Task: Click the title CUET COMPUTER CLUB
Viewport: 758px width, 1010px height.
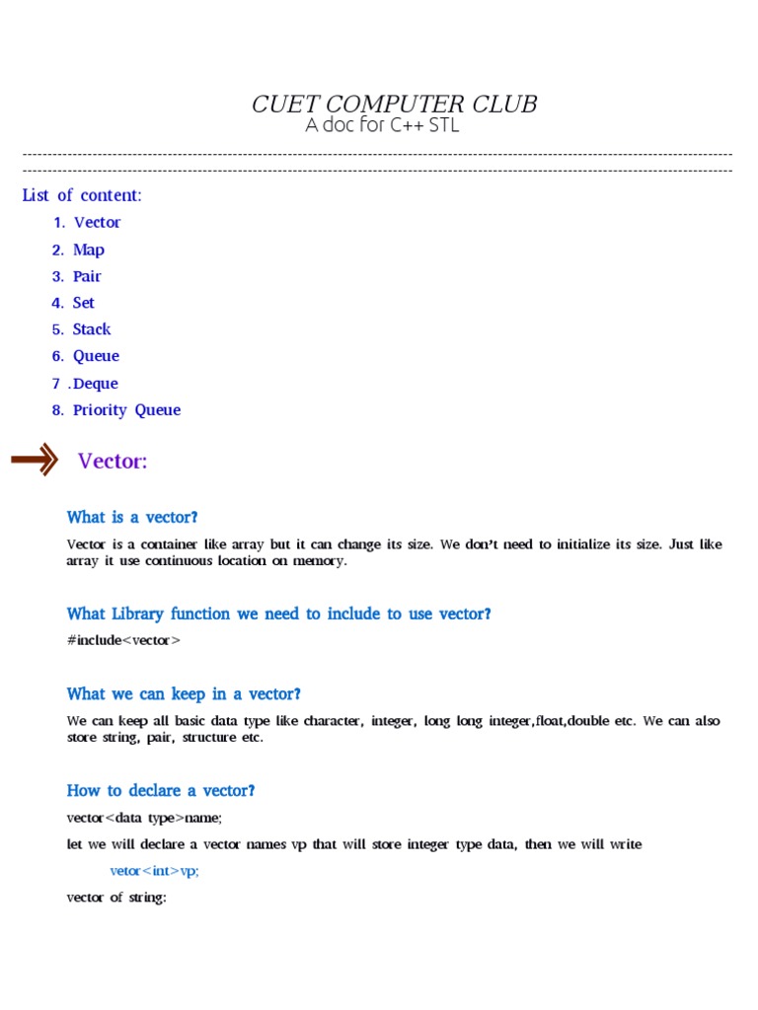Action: point(395,105)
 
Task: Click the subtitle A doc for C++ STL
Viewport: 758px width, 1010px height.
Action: point(382,126)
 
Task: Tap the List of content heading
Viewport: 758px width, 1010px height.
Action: point(82,195)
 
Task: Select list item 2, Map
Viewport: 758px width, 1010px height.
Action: point(89,250)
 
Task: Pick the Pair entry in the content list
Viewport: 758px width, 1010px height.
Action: point(87,276)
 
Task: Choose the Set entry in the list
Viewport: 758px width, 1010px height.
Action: point(84,303)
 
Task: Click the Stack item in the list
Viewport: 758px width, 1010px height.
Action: point(92,329)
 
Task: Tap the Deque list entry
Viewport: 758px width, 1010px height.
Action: point(96,384)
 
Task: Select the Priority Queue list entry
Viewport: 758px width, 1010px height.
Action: point(126,410)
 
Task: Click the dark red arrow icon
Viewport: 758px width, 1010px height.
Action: point(36,461)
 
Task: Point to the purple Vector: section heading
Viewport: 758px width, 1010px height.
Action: point(113,462)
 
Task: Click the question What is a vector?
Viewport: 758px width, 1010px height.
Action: point(132,517)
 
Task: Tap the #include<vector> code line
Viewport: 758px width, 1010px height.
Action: point(123,640)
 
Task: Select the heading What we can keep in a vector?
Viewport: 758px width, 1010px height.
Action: point(184,694)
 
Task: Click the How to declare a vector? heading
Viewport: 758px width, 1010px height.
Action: point(161,790)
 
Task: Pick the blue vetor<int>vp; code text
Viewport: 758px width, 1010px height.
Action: point(161,872)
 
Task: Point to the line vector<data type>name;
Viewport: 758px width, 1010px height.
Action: point(144,818)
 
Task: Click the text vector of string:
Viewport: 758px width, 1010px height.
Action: point(115,899)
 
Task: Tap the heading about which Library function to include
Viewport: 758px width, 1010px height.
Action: point(278,613)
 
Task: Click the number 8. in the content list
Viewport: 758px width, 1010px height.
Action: point(58,410)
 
